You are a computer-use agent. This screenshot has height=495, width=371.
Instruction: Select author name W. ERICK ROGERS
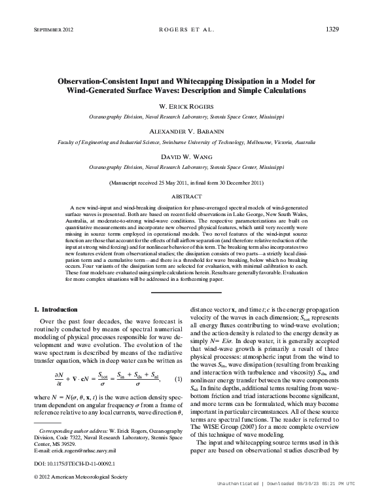186,106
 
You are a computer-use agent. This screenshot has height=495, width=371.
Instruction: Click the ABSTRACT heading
186,196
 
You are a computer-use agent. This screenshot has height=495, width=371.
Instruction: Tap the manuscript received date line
186,183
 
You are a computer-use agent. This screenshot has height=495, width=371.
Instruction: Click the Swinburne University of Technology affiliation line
186,141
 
